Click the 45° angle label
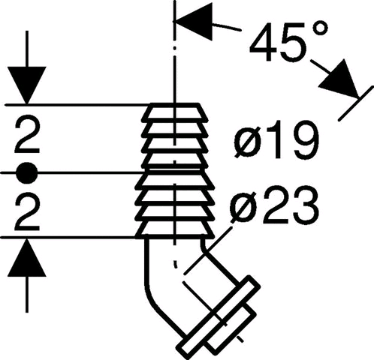click(288, 41)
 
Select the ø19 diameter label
click(277, 139)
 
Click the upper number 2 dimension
click(27, 136)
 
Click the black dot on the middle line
click(27, 172)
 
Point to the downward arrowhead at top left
click(27, 85)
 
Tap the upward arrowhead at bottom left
click(27, 257)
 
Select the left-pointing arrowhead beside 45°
click(194, 21)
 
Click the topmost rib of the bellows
click(174, 111)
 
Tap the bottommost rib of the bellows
click(175, 229)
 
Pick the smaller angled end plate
click(231, 328)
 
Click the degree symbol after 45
click(319, 29)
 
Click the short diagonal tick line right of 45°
click(356, 103)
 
